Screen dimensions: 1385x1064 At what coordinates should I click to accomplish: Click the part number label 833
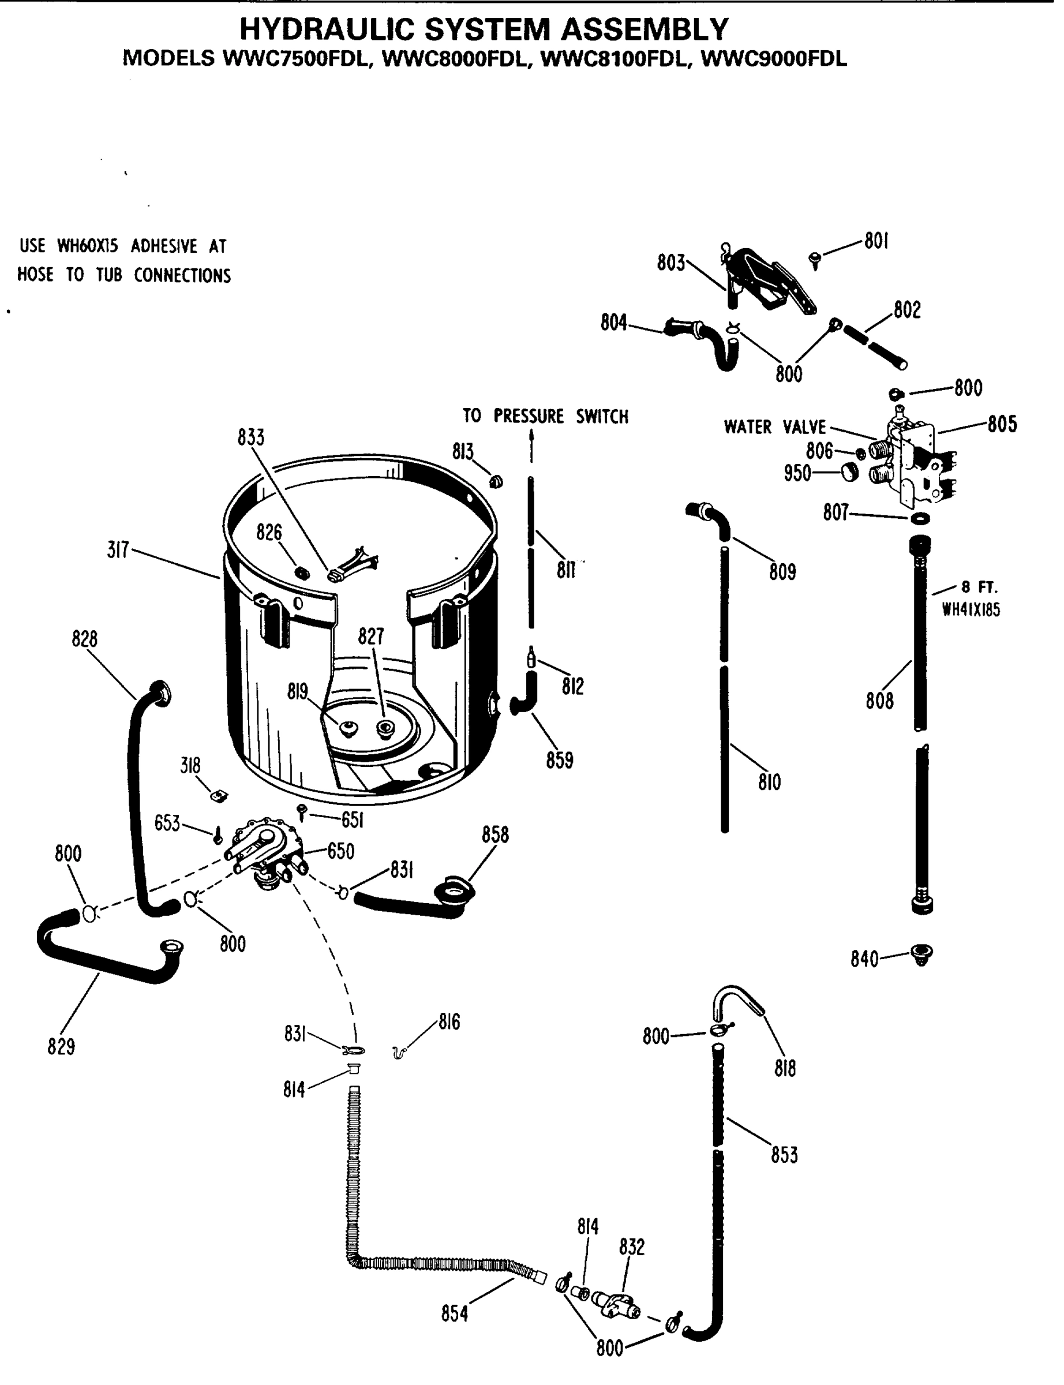click(x=251, y=437)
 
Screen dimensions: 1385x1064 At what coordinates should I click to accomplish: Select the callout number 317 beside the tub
click(x=118, y=550)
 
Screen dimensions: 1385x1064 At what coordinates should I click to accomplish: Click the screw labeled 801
click(x=815, y=259)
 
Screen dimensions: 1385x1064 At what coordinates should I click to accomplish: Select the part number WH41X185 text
click(x=971, y=610)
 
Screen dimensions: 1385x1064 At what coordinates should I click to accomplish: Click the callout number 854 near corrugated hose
click(x=455, y=1314)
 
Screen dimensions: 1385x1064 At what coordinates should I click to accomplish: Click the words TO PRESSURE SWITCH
click(x=545, y=416)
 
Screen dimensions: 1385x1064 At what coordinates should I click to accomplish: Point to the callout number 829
click(x=61, y=1047)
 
